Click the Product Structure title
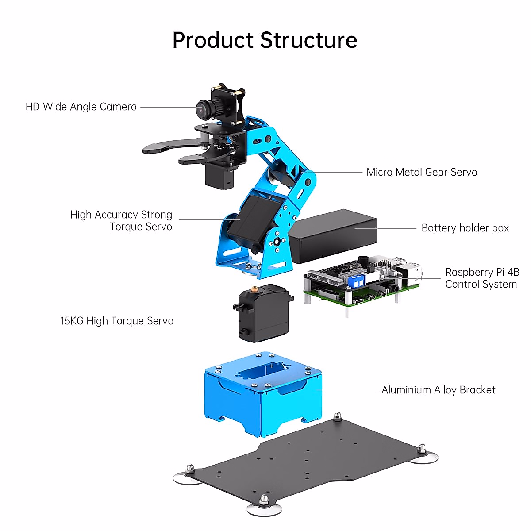(x=265, y=40)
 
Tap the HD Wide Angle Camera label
(x=81, y=107)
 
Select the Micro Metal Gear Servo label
(x=422, y=172)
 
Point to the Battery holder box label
(x=465, y=228)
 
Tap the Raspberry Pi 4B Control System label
(x=481, y=278)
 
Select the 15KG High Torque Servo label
(x=117, y=321)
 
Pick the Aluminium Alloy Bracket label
(x=438, y=390)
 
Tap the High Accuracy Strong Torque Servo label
(x=122, y=220)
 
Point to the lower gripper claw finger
(x=195, y=158)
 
